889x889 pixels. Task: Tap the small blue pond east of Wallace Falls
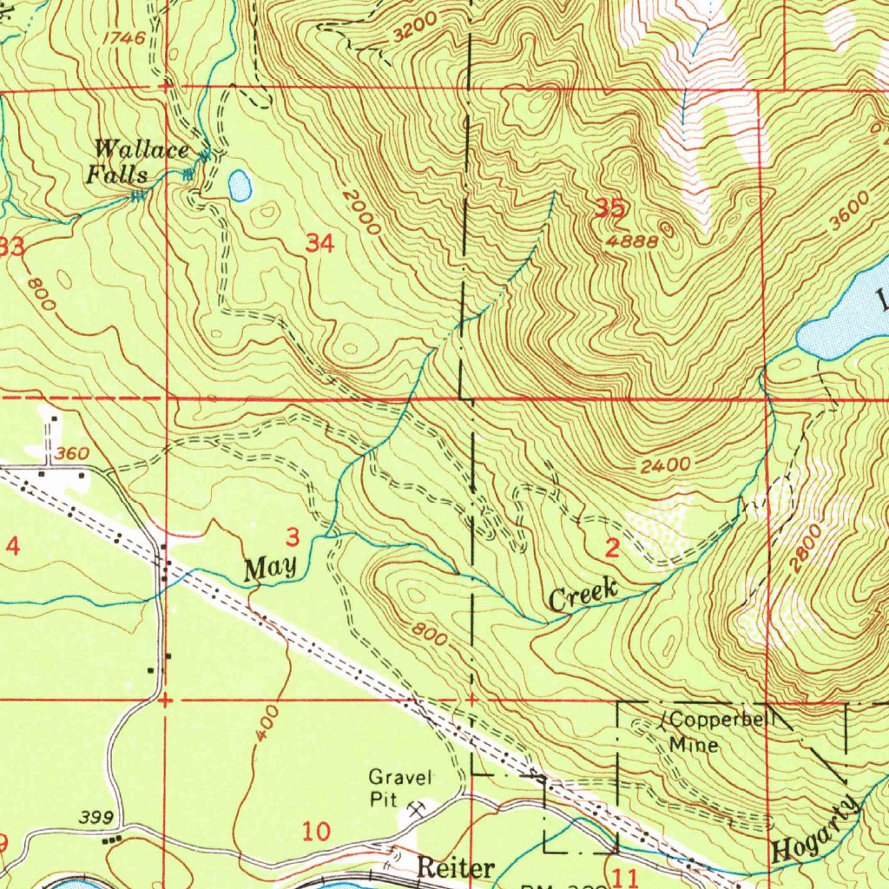pos(240,184)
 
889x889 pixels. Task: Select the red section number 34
pos(319,245)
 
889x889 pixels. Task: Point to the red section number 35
pos(611,208)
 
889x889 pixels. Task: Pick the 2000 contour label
pos(362,214)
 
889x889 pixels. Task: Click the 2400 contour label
pos(666,466)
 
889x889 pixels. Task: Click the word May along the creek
pos(270,569)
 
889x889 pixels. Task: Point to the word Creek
pos(583,596)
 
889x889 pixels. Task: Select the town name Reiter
pos(456,866)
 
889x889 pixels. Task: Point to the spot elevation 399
pos(95,817)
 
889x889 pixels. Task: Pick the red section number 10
pos(316,833)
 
